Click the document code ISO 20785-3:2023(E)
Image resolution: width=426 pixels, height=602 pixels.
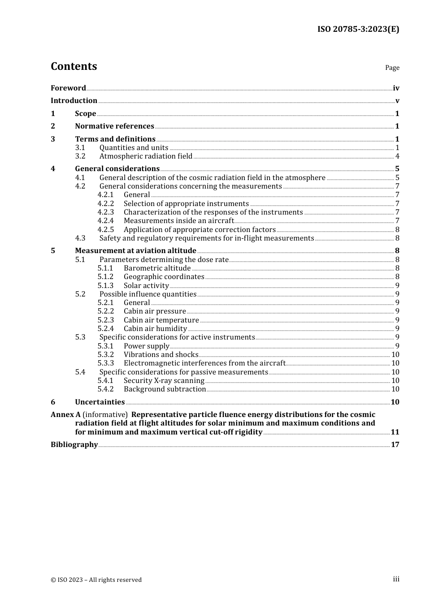358,29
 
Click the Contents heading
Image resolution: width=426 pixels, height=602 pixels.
74,66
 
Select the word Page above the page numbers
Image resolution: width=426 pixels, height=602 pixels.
392,68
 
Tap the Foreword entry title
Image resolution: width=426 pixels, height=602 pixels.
68,88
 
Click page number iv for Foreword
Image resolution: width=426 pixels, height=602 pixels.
396,88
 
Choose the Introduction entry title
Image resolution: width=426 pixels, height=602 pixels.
74,101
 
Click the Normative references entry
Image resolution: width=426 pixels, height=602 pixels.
114,126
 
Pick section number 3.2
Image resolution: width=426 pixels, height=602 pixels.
80,156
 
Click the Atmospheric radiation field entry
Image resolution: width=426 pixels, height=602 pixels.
146,156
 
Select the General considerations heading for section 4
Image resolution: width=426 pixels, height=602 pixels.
117,169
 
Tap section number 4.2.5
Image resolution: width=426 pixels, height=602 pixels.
106,230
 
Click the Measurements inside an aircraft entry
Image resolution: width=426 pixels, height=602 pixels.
178,221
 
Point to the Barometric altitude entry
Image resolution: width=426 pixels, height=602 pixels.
157,268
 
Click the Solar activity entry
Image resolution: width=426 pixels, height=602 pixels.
146,286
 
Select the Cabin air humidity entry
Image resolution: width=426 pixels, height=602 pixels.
155,329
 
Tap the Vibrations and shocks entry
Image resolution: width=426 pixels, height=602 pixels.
161,355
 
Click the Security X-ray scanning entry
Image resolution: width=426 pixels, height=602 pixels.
164,381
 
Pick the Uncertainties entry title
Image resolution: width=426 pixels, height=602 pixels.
100,402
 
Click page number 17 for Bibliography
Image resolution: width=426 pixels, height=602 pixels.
395,445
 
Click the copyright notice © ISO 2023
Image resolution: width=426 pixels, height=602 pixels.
96,580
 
